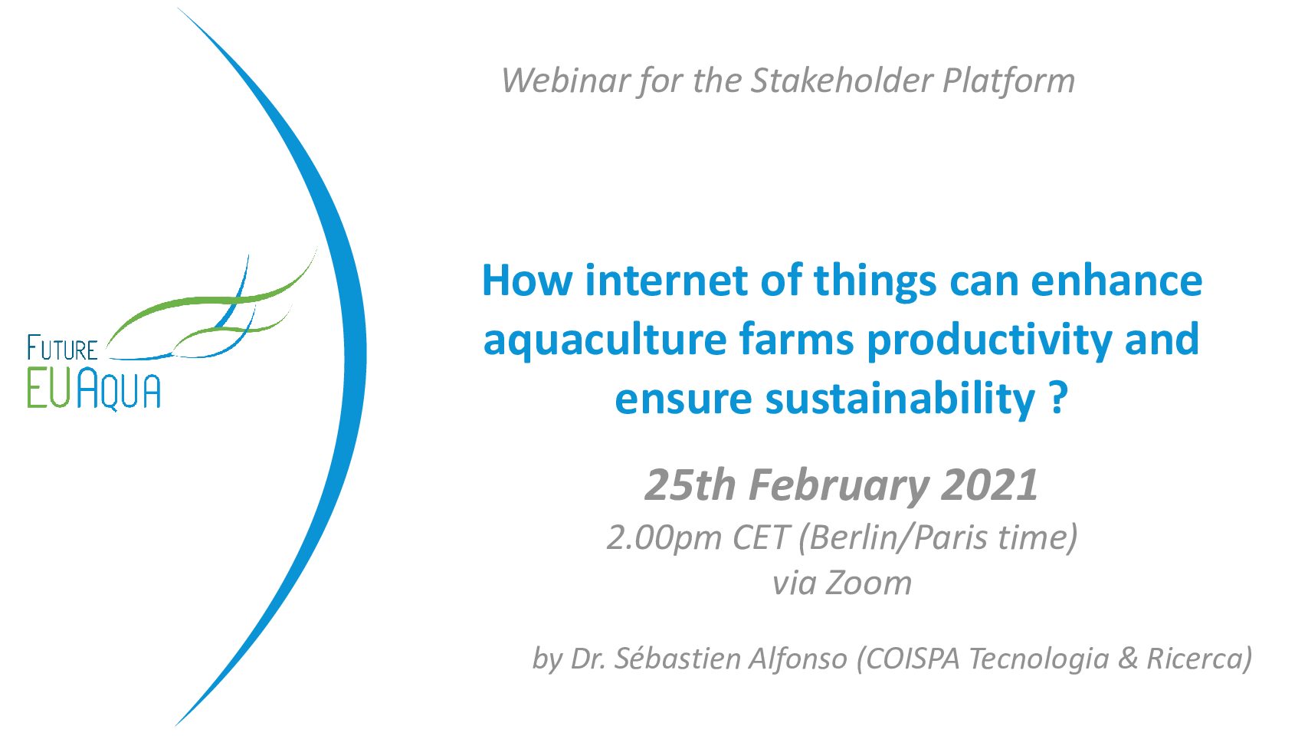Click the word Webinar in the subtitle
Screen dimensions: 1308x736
click(563, 80)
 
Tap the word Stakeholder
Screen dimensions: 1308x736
click(841, 80)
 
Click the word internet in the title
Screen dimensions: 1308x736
click(666, 281)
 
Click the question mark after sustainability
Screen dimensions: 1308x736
click(1058, 398)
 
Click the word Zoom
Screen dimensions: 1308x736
click(868, 583)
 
